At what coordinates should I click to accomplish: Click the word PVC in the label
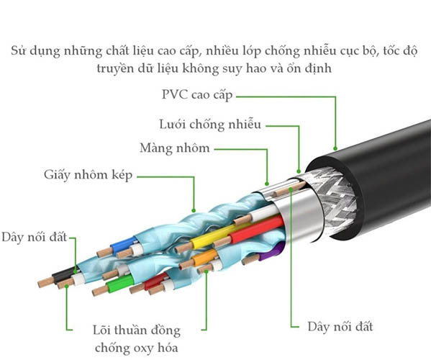tap(174, 95)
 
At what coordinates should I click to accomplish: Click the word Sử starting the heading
tap(19, 51)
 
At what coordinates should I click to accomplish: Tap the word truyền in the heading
tap(114, 69)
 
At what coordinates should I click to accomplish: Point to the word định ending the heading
tap(322, 69)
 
